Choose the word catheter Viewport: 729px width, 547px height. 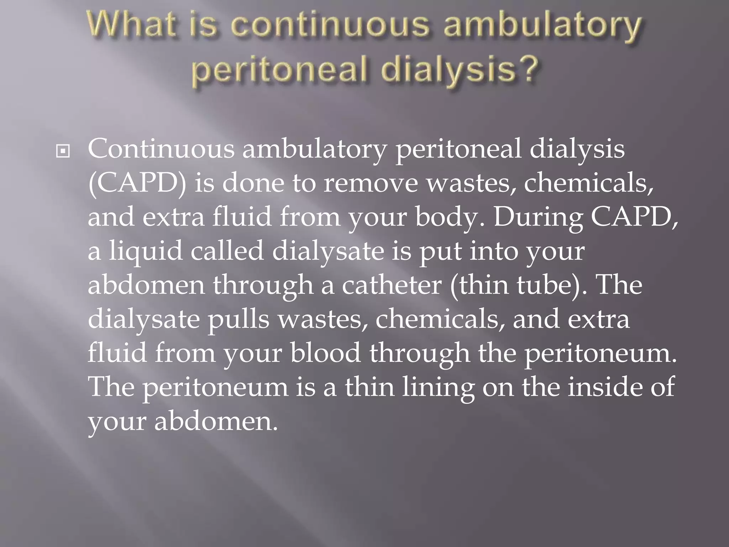click(392, 285)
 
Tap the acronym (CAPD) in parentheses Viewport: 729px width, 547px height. click(137, 184)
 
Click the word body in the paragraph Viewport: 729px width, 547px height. click(447, 218)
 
